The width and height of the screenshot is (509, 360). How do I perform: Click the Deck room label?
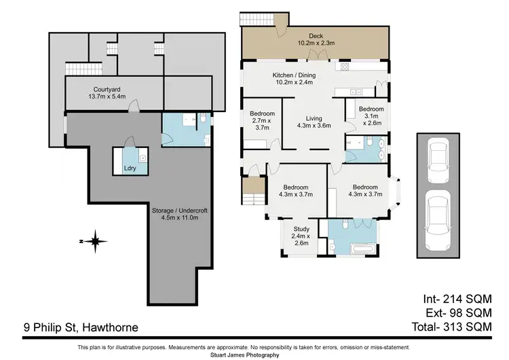coord(316,36)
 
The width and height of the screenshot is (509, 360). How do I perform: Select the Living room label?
coord(314,117)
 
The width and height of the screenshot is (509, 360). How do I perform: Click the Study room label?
coord(301,228)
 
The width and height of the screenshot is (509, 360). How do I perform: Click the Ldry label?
coord(128,167)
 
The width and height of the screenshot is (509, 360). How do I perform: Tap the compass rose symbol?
coord(96,240)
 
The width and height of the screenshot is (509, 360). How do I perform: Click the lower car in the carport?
coord(438,213)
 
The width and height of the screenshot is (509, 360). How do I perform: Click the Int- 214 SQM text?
coord(457,300)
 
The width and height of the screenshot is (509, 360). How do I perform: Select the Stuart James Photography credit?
coord(254,355)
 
